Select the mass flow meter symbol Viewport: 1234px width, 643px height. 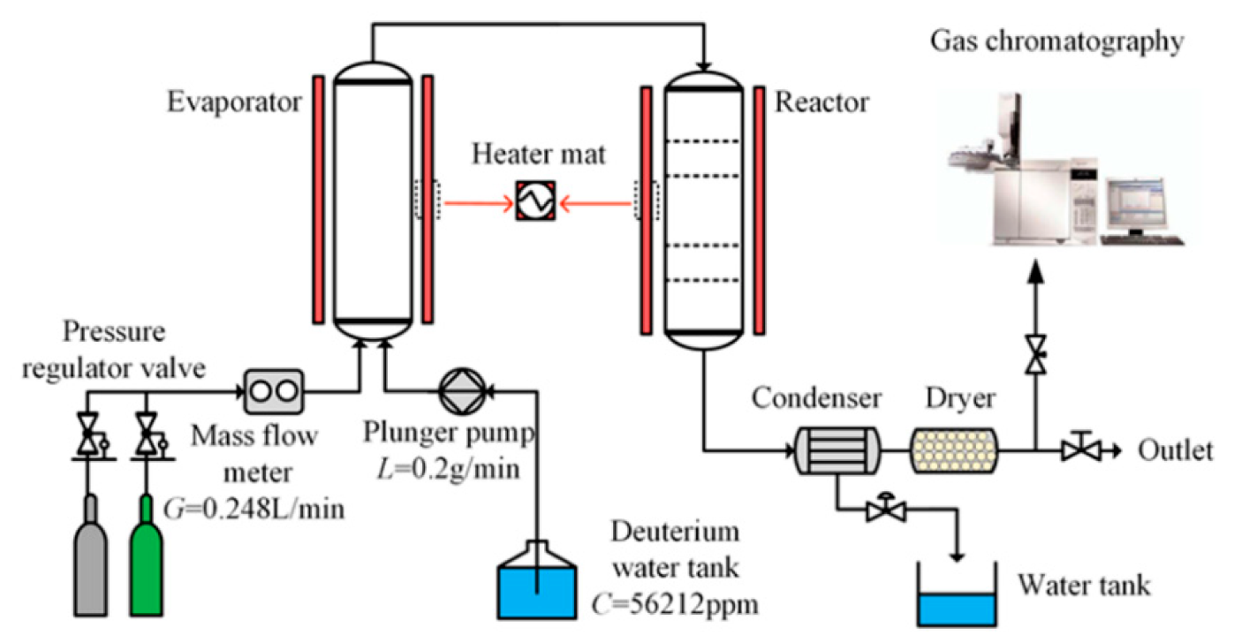click(x=274, y=390)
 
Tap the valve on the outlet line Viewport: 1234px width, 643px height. click(x=1076, y=451)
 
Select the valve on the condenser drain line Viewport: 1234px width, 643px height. click(x=883, y=510)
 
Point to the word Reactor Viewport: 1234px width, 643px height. click(x=821, y=103)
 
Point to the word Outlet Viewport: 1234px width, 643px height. click(x=1176, y=451)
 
